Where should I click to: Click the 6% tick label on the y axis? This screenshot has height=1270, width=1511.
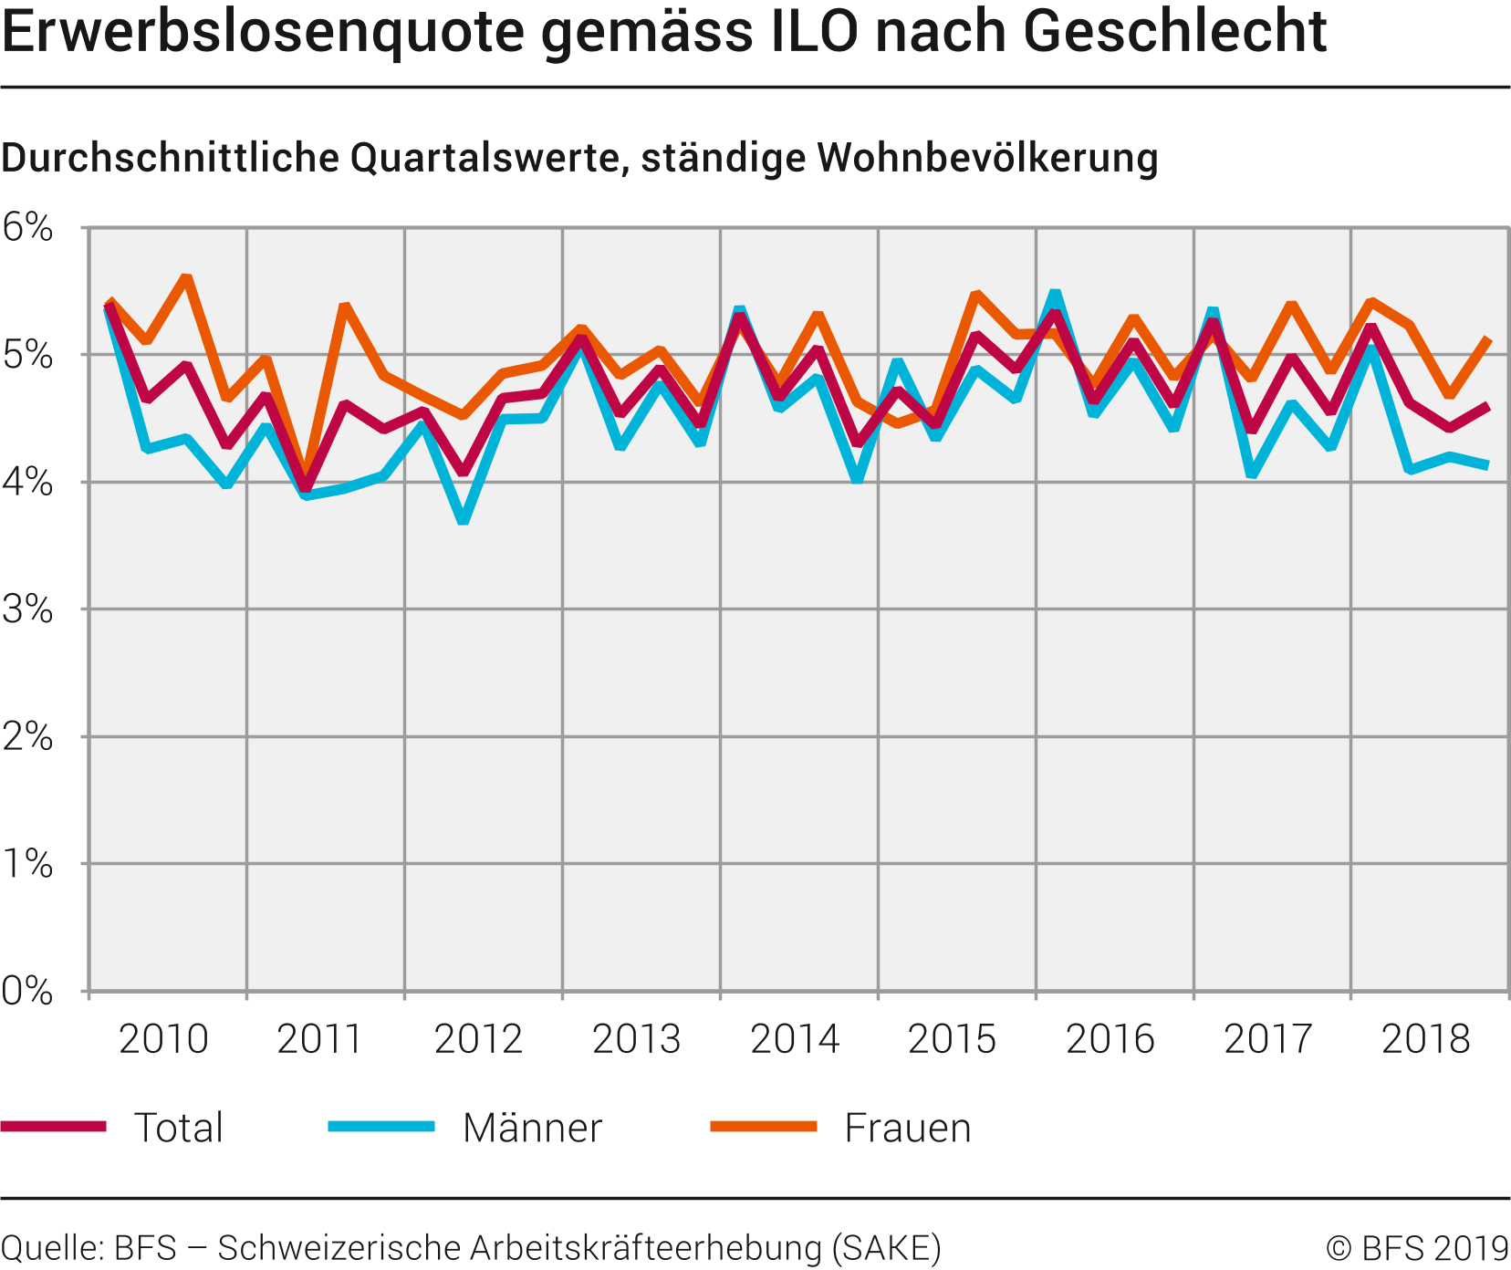click(x=27, y=227)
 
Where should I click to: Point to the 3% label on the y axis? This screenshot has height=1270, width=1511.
click(x=27, y=609)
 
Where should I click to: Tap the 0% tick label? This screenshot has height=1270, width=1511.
click(x=27, y=991)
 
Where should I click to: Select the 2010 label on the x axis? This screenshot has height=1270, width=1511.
click(x=163, y=1039)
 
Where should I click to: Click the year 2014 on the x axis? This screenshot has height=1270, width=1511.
click(x=795, y=1039)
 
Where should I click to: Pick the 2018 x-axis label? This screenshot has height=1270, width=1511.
click(x=1426, y=1039)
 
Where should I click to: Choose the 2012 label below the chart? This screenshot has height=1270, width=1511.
click(x=479, y=1039)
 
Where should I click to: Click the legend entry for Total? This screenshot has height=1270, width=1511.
click(x=178, y=1128)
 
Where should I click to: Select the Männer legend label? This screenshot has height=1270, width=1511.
click(x=532, y=1128)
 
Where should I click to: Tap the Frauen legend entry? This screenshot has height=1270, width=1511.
click(x=907, y=1128)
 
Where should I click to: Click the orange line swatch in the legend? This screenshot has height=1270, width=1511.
click(x=763, y=1127)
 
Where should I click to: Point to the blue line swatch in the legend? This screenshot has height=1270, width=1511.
click(x=381, y=1127)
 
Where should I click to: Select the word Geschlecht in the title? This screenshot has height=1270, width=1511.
click(x=1174, y=31)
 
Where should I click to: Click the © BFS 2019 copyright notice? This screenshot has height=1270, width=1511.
click(x=1417, y=1248)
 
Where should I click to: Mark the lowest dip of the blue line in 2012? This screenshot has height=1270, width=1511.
click(x=464, y=521)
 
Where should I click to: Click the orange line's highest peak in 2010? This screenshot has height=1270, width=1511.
click(x=186, y=276)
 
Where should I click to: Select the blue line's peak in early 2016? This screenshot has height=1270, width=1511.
click(x=1055, y=294)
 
